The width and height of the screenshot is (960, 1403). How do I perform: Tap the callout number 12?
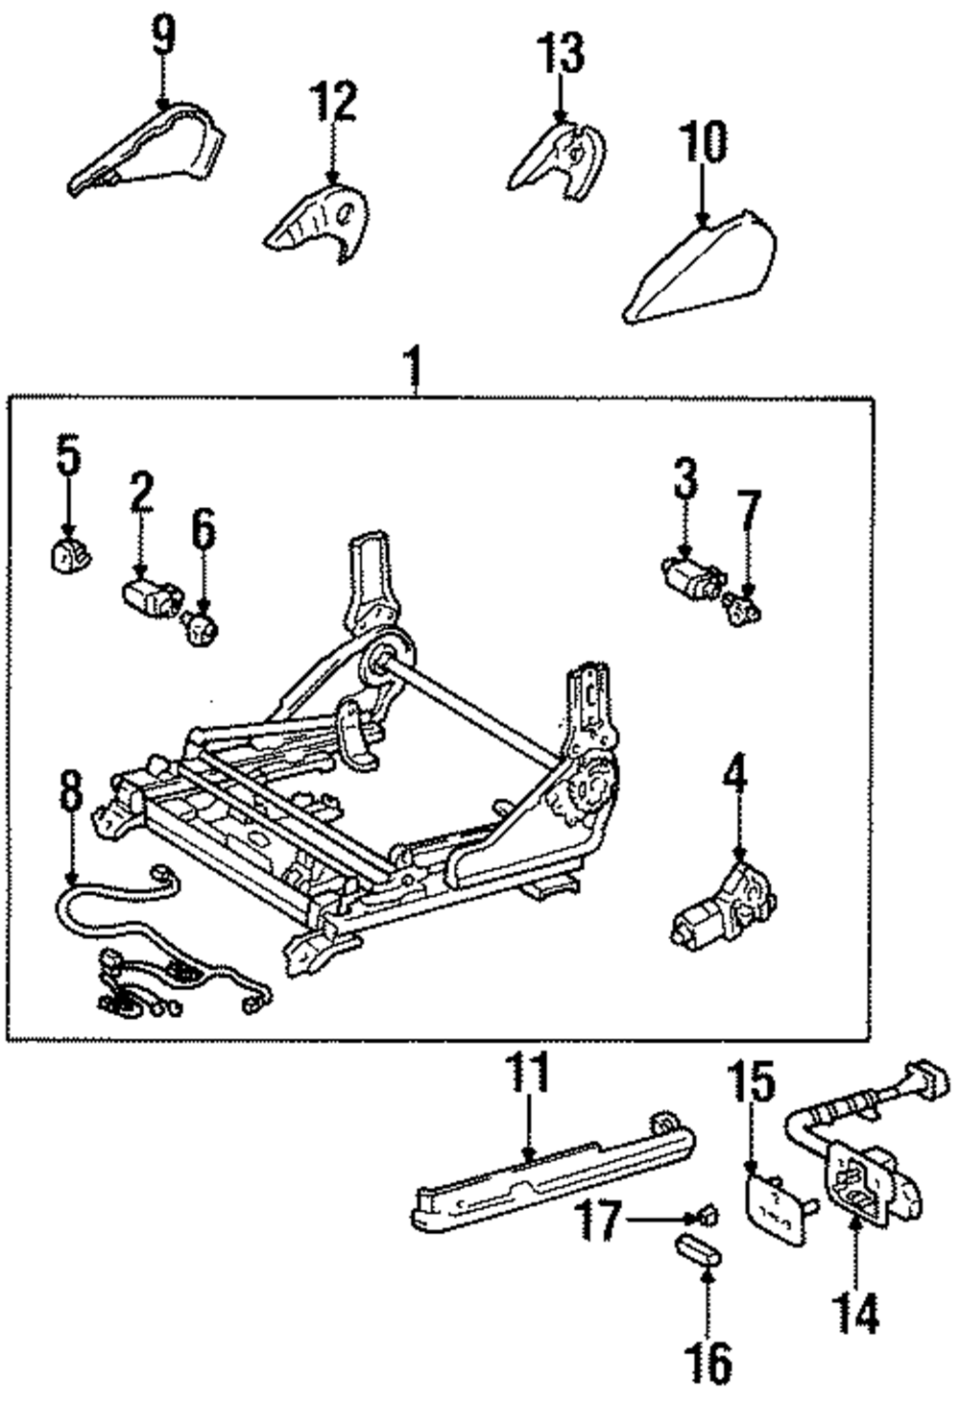(x=332, y=102)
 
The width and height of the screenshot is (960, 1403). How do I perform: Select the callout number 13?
(x=561, y=53)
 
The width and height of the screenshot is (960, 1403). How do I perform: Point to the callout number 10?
(x=704, y=142)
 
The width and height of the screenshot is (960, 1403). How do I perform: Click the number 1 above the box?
(x=414, y=370)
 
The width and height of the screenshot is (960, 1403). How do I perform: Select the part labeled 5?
(x=69, y=554)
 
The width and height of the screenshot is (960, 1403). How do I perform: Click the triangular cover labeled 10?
(x=700, y=266)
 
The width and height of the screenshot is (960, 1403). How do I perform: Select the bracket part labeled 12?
(x=317, y=223)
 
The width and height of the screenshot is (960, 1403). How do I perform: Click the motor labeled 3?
(x=691, y=572)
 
